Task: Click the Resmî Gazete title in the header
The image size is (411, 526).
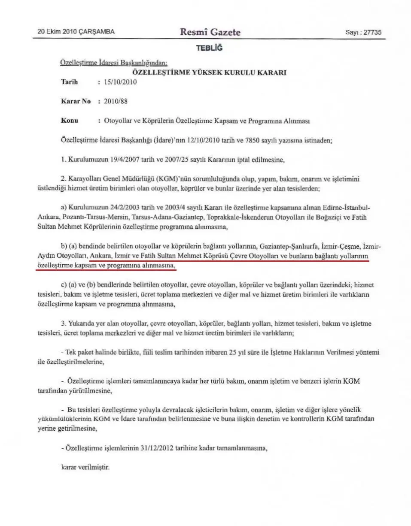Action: click(210, 32)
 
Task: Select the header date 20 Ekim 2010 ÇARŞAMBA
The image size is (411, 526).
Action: click(76, 32)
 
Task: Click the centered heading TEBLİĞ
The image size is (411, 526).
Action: click(209, 48)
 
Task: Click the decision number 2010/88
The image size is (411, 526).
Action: click(116, 102)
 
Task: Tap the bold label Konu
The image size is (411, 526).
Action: click(70, 121)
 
